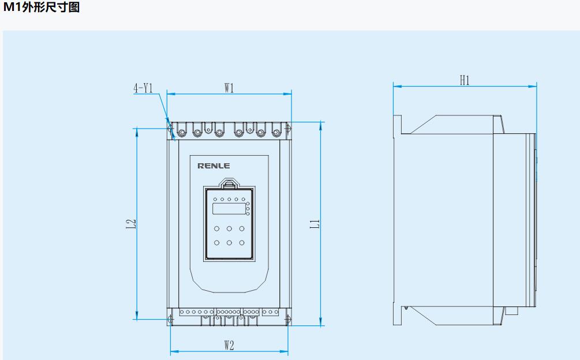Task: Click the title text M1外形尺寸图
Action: point(41,9)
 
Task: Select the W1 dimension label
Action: point(229,88)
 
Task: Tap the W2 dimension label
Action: point(229,345)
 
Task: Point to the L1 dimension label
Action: point(315,224)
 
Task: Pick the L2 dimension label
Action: point(131,224)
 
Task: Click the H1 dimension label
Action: point(465,81)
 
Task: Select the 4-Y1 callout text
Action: point(143,88)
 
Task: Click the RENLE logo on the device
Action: point(214,166)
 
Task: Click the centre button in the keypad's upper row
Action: point(229,228)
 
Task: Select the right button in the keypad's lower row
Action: point(242,242)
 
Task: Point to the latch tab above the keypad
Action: point(229,183)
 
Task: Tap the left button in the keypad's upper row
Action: point(217,228)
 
